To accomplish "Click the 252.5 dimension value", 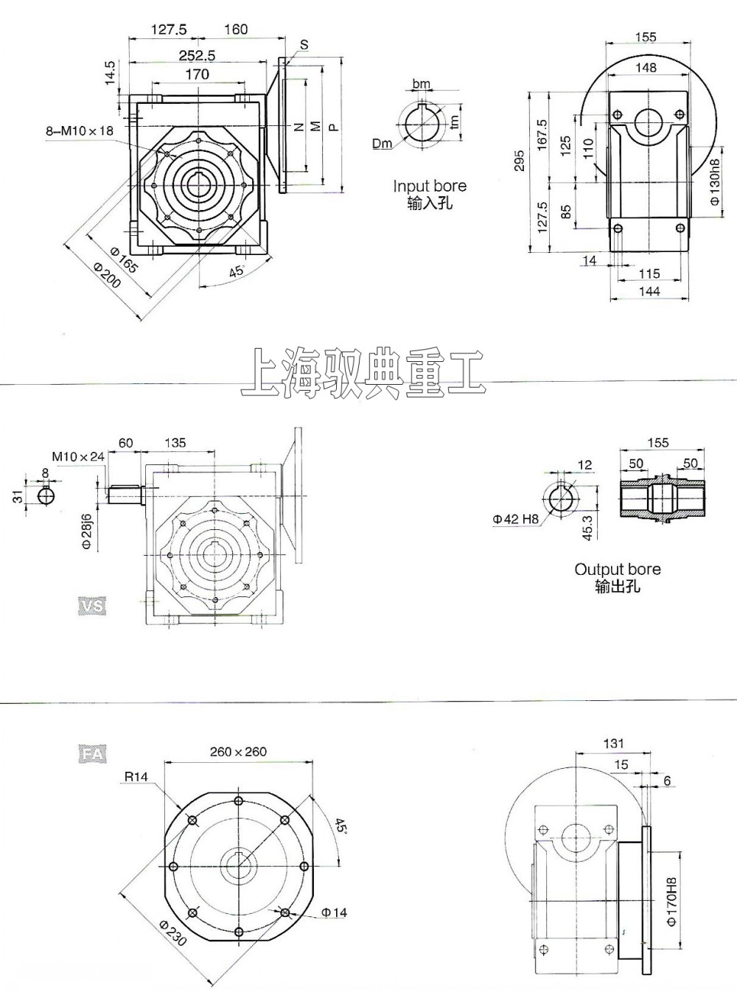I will pos(197,55).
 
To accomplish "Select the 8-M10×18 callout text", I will pos(80,130).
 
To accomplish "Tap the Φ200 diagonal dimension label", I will pos(107,276).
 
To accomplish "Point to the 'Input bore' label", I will pos(430,186).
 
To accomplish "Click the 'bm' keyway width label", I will pos(422,85).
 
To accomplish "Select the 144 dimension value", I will pos(649,292).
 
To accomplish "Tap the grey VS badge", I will pos(91,606).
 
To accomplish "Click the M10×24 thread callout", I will pos(78,457).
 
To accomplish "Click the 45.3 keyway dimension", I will pos(587,528).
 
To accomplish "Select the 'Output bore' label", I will pos(618,570).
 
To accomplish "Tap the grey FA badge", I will pos(92,754).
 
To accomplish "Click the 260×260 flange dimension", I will pos(238,752).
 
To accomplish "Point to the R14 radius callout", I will pos(136,776).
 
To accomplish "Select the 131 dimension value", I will pos(613,744).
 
